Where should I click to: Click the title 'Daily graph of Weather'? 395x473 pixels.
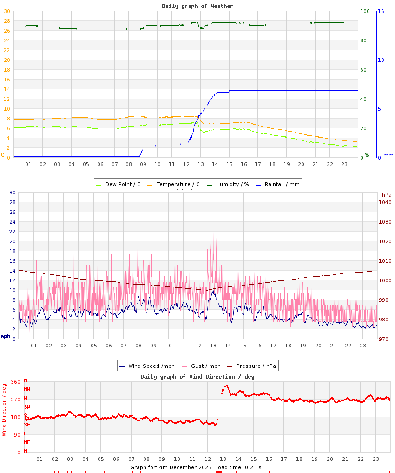(197, 6)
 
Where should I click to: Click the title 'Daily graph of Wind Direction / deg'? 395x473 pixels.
(197, 377)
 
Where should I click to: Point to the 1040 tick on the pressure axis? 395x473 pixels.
(385, 202)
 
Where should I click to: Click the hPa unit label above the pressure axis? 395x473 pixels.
(387, 194)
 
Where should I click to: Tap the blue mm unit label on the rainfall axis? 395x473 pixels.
(388, 155)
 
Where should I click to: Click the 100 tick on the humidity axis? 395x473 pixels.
(365, 11)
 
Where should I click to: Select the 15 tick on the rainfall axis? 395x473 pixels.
(381, 11)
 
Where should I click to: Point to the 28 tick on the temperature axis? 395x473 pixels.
(7, 21)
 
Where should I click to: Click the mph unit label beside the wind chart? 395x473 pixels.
(5, 336)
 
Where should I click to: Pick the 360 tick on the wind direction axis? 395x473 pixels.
(15, 382)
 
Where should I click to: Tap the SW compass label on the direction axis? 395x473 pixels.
(27, 407)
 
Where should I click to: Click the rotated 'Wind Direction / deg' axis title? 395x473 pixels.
(4, 409)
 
